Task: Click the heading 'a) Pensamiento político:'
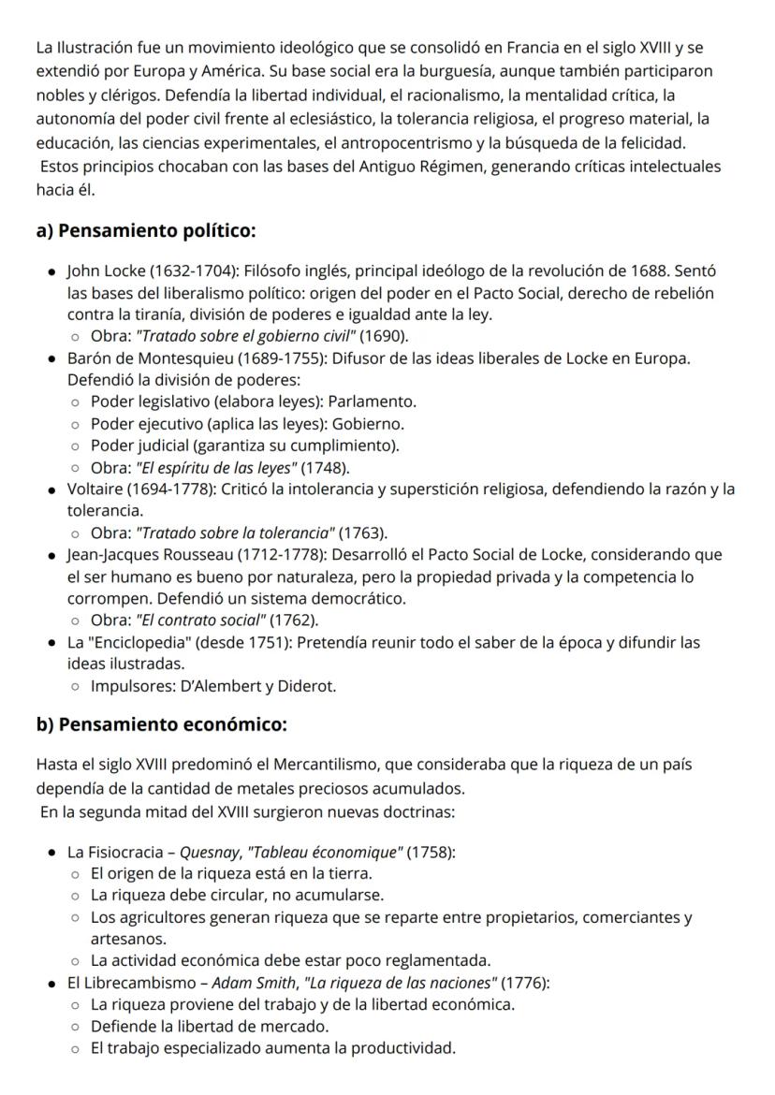click(145, 231)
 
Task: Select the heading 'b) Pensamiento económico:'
click(161, 723)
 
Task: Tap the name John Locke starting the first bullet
click(104, 271)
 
